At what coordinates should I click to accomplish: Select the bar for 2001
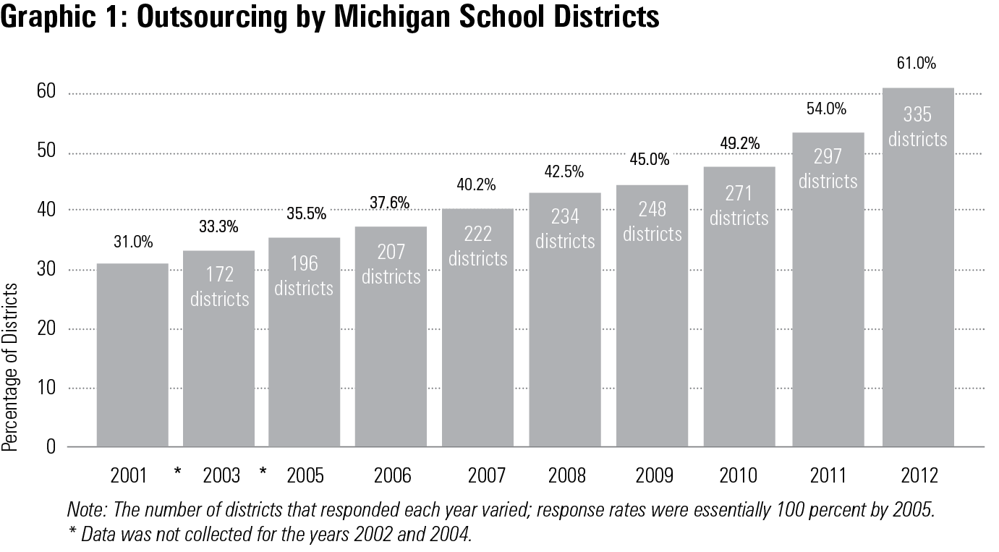coord(132,354)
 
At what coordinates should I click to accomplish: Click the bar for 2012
coord(917,289)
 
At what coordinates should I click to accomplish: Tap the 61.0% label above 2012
coord(917,64)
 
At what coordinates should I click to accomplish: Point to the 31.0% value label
coord(133,242)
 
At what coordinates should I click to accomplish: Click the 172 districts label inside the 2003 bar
coord(219,286)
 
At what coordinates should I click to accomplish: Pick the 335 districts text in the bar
coord(917,127)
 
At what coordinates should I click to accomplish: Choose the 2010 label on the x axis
coord(739,475)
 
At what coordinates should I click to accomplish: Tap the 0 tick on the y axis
coord(51,446)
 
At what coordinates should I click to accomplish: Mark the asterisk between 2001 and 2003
coord(177,472)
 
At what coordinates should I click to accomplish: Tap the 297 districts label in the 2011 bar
coord(828,169)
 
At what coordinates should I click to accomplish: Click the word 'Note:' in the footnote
coord(85,510)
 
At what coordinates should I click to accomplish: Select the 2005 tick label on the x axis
coord(305,475)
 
